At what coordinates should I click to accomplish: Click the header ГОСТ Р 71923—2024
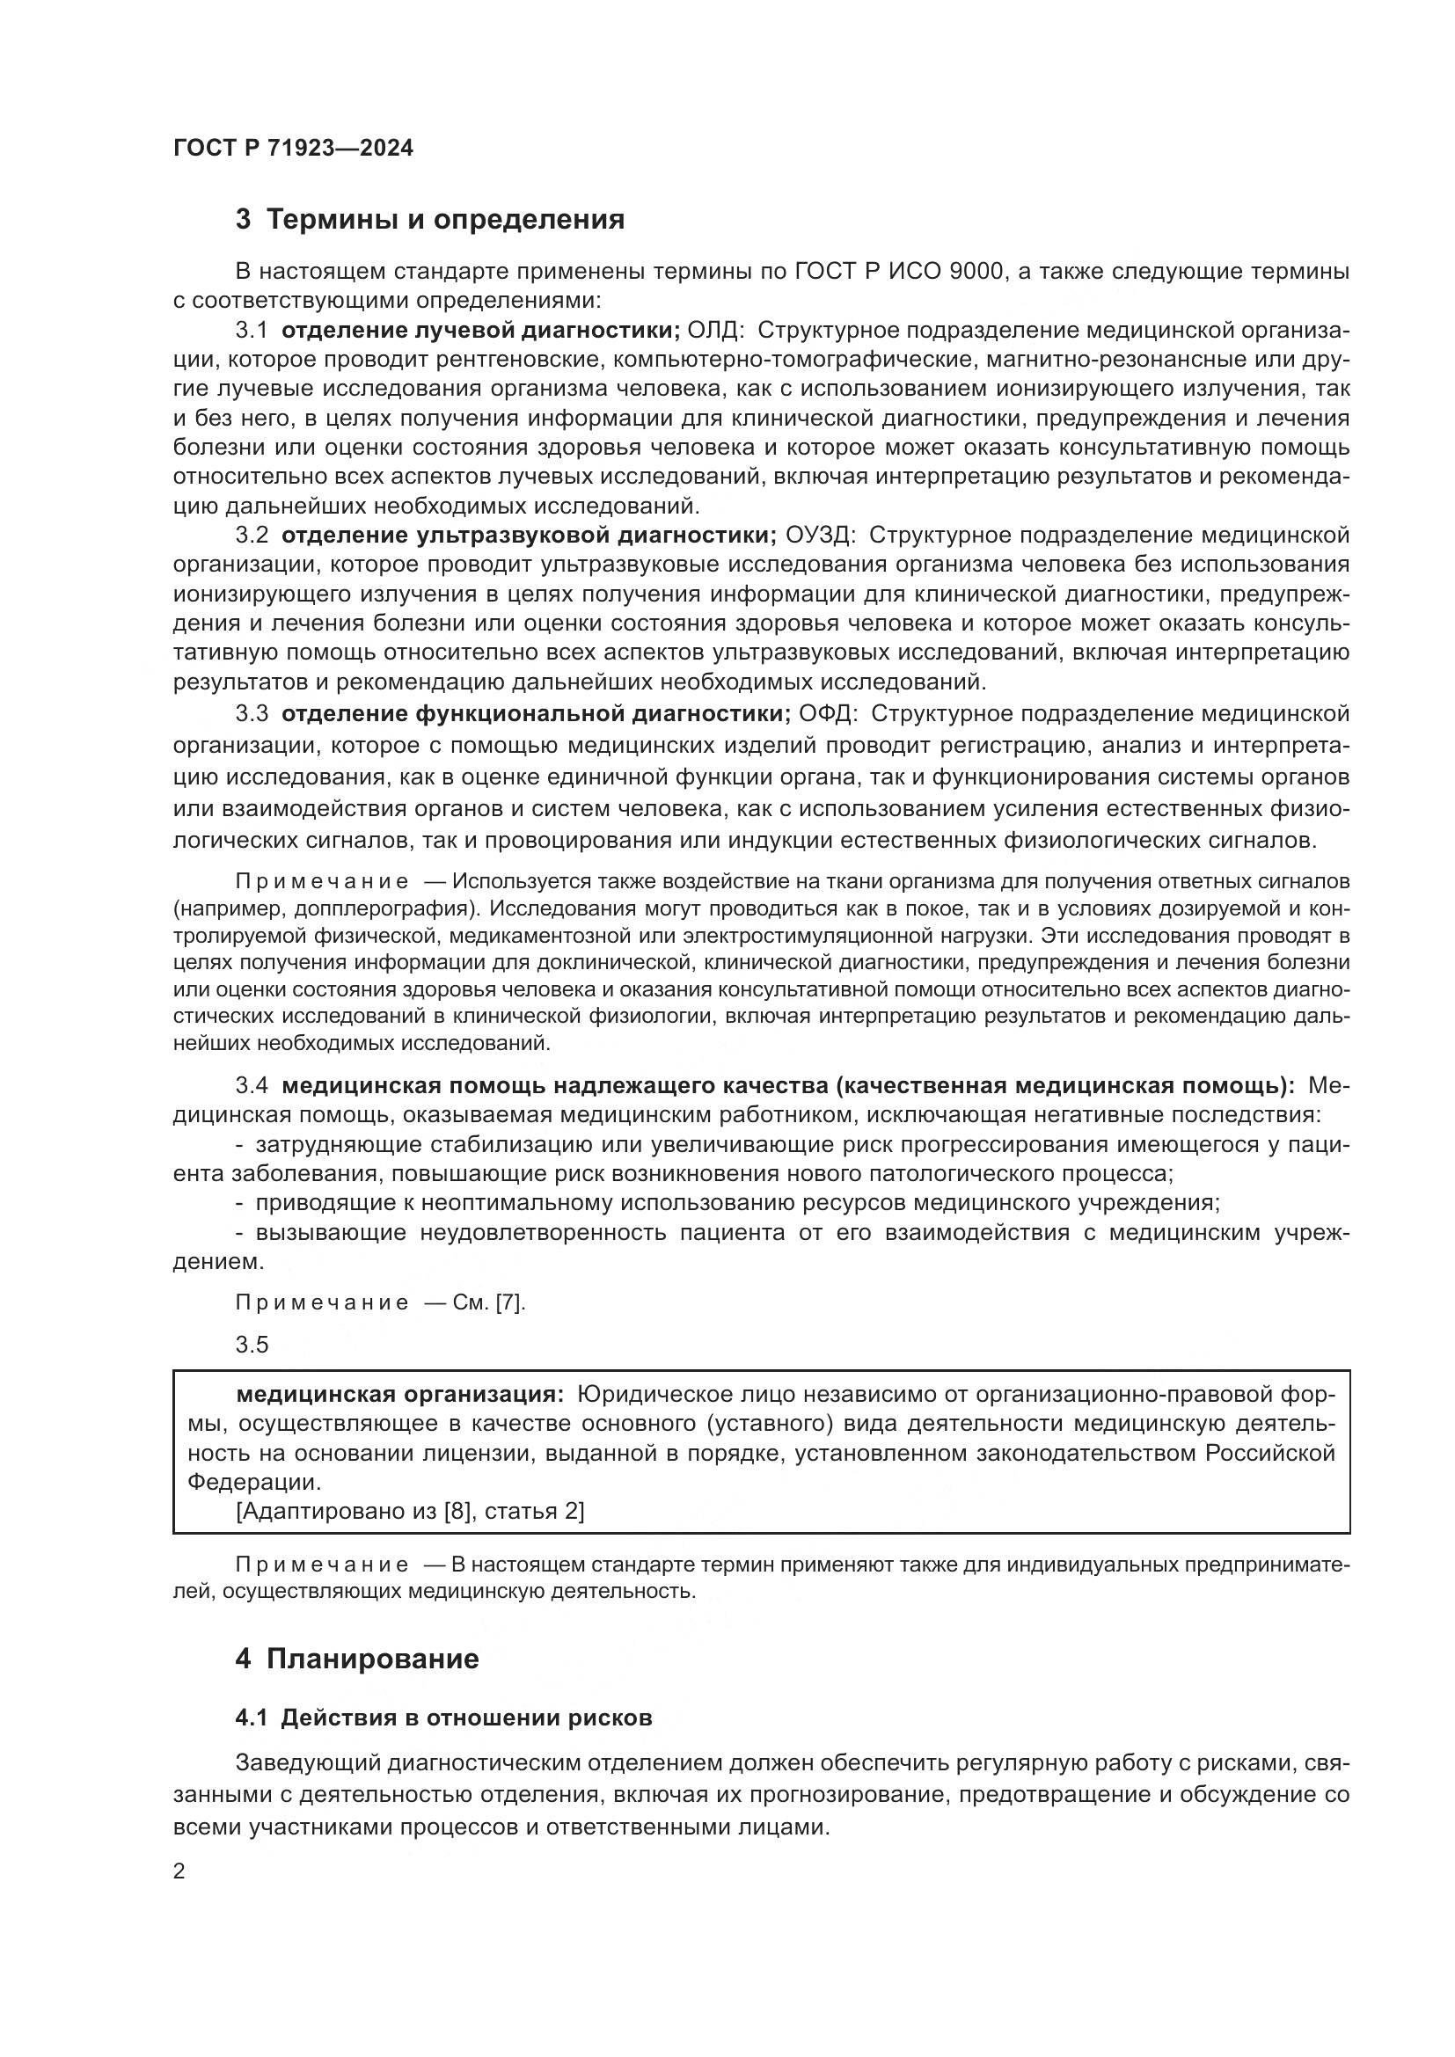click(x=293, y=149)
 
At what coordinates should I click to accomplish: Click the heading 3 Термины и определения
click(x=429, y=220)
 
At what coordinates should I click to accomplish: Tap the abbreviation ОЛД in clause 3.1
click(x=713, y=331)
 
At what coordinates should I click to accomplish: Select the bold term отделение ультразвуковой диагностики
click(x=529, y=535)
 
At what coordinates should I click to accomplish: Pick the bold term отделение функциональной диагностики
click(x=536, y=714)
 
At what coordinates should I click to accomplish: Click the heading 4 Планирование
click(x=356, y=1659)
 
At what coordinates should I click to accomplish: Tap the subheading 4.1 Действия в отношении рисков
click(x=443, y=1718)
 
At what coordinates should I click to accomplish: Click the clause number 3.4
click(x=252, y=1086)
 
